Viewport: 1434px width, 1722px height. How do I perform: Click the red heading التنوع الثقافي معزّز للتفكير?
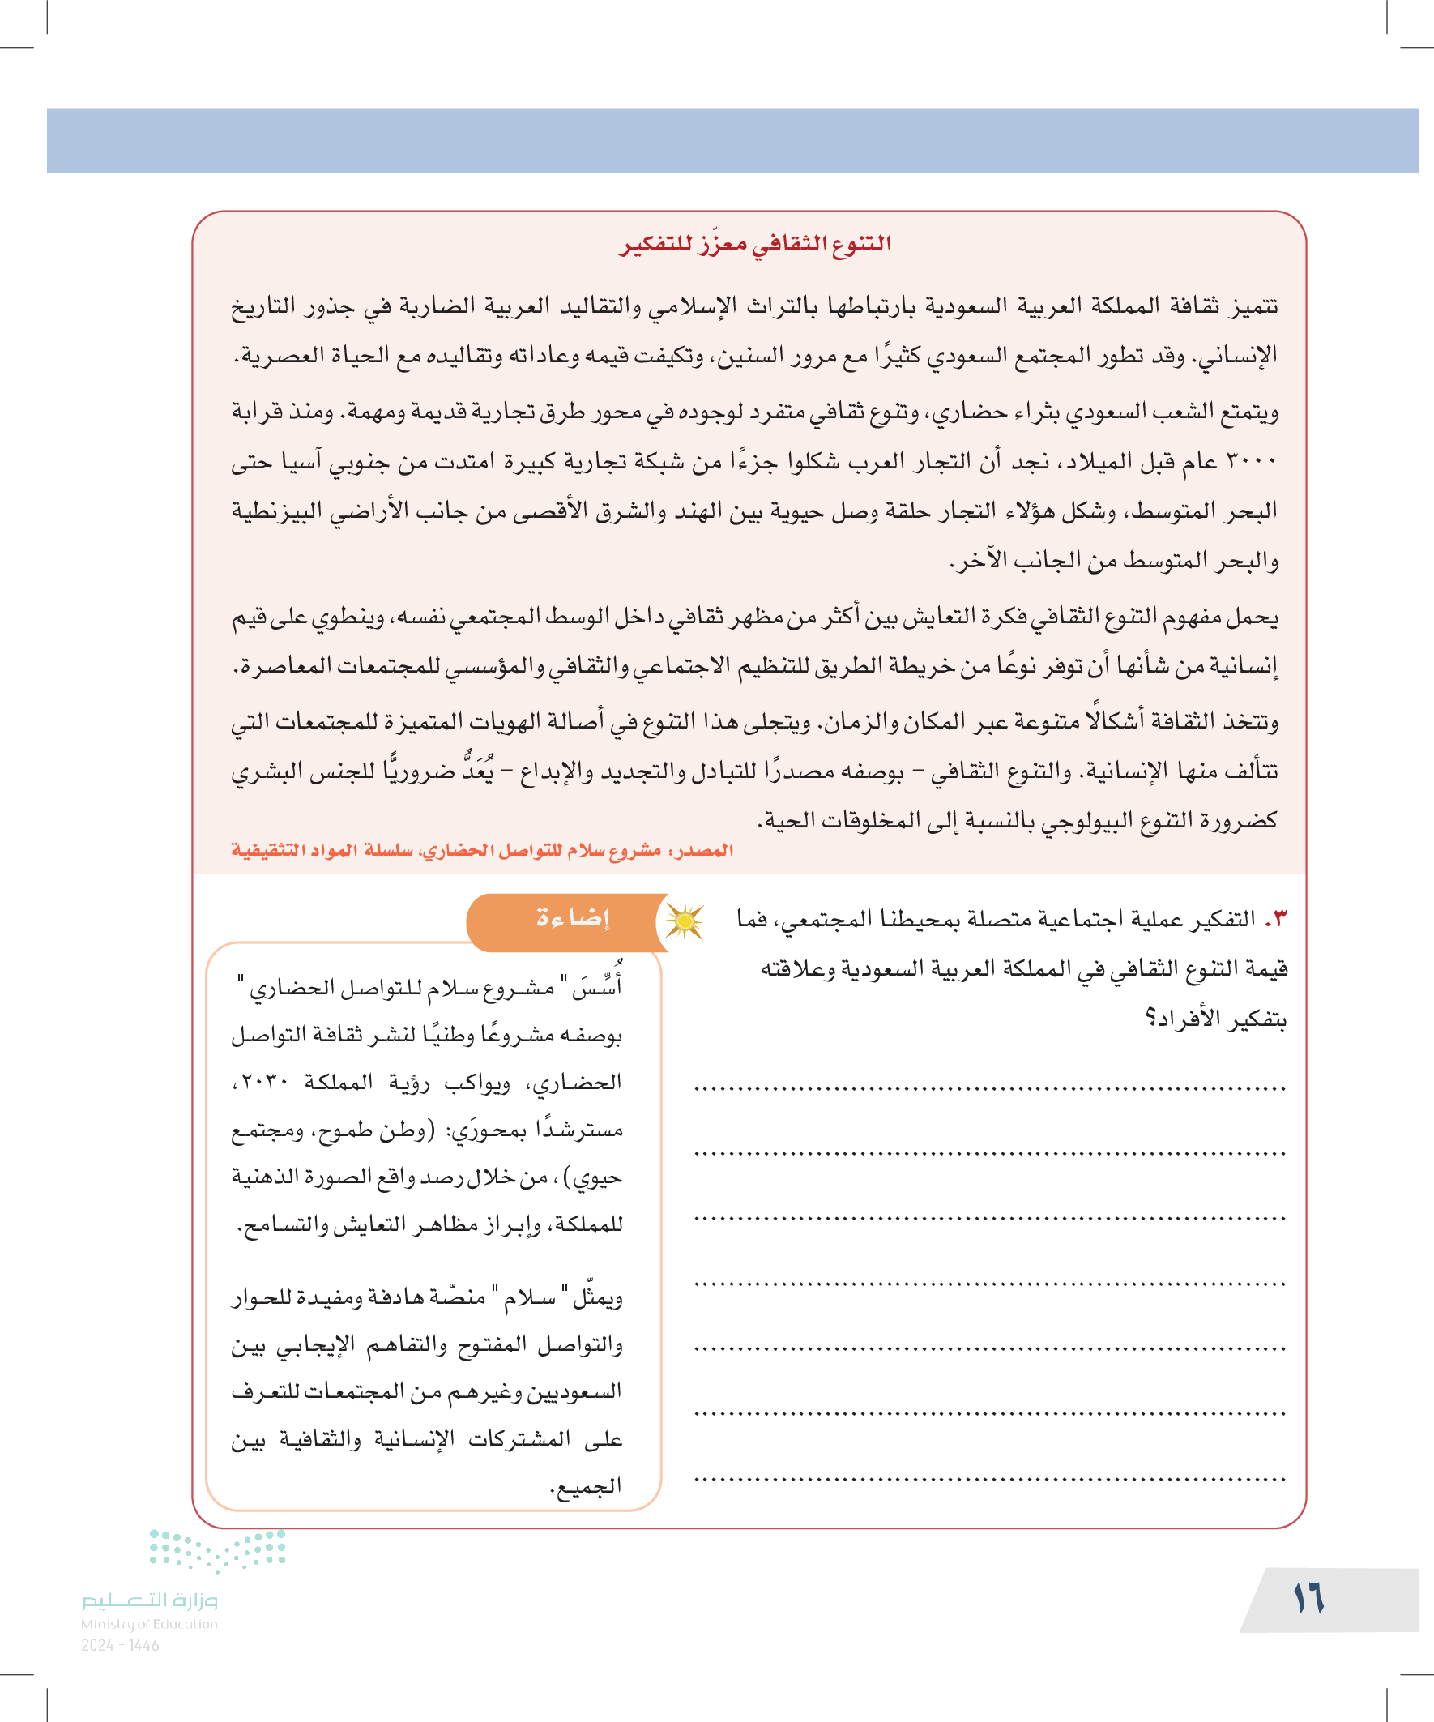click(754, 245)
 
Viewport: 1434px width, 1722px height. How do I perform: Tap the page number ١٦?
click(1308, 1598)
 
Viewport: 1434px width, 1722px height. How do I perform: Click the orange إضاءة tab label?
click(573, 918)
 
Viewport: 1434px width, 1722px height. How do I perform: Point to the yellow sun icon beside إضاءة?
click(684, 921)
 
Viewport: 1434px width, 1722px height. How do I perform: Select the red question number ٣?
click(1276, 920)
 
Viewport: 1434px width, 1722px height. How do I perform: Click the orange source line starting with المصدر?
click(482, 850)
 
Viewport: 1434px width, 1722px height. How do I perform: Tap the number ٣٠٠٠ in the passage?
click(1252, 462)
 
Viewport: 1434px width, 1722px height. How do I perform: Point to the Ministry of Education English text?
click(149, 1624)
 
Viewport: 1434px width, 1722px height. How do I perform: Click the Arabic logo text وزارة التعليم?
click(149, 1600)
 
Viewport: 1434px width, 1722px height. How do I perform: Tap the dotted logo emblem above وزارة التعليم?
click(217, 1549)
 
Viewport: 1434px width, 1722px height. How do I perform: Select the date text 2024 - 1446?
click(120, 1645)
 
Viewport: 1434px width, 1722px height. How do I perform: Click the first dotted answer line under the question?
click(988, 1090)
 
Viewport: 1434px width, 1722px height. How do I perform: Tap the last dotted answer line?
click(988, 1480)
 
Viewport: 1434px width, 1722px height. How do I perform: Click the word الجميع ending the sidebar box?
click(587, 1486)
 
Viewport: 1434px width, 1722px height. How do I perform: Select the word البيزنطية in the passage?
click(273, 511)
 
